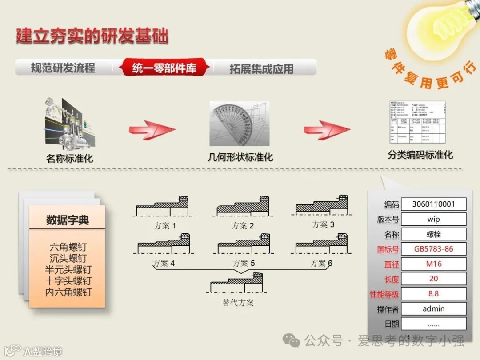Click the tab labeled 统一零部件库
tap(164, 68)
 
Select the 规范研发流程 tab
tap(63, 68)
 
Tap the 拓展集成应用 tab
tap(261, 69)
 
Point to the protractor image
tap(239, 124)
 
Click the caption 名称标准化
tap(70, 158)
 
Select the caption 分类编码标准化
tap(420, 155)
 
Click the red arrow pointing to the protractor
tap(152, 130)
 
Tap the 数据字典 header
tap(68, 220)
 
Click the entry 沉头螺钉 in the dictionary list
tap(68, 259)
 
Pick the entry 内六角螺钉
tap(68, 292)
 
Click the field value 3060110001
tap(433, 204)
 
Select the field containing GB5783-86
tap(433, 249)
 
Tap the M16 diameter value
tap(433, 264)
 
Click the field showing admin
tap(433, 308)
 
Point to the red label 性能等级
tap(384, 294)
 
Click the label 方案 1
tap(164, 226)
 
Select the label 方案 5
tap(244, 264)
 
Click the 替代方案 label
tap(238, 303)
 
